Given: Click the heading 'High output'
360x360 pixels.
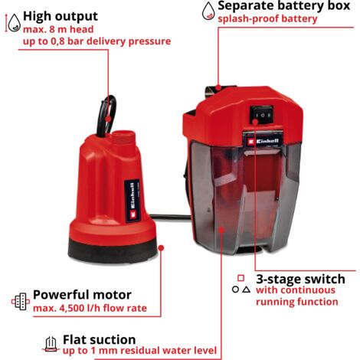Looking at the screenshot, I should pos(61,15).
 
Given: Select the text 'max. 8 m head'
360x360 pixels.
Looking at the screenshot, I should pos(61,29).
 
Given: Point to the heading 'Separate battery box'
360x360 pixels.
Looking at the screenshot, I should pos(289,7).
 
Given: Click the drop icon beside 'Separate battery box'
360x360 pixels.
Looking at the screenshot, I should pos(208,11).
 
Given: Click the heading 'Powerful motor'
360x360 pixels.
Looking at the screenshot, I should pos(82,294).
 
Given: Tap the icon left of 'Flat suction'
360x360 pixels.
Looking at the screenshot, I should pos(51,344).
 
